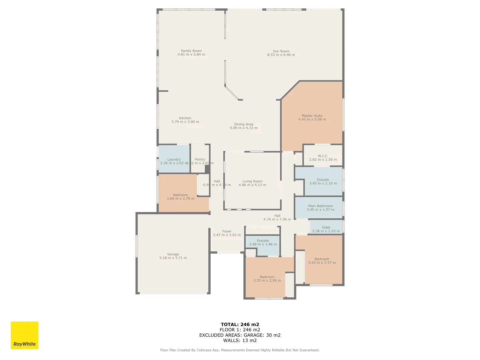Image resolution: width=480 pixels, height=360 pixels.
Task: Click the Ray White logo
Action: pyautogui.click(x=24, y=335)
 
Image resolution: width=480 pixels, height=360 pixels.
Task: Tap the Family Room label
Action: pyautogui.click(x=191, y=51)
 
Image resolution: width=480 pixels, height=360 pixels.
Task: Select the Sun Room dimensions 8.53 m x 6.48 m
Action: pyautogui.click(x=281, y=55)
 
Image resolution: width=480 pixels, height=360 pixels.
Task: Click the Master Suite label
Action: pyautogui.click(x=312, y=116)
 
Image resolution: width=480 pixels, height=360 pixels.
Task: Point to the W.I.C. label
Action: pyautogui.click(x=323, y=156)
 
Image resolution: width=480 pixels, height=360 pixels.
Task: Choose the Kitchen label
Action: pyautogui.click(x=185, y=118)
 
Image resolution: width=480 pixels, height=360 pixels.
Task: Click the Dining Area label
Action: pyautogui.click(x=243, y=124)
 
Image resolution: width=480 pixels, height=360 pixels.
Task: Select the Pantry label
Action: pyautogui.click(x=200, y=159)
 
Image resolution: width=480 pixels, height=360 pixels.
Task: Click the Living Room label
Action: pyautogui.click(x=252, y=181)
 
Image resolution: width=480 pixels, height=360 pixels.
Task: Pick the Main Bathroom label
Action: pyautogui.click(x=320, y=206)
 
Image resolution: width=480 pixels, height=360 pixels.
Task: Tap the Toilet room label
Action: pyautogui.click(x=326, y=227)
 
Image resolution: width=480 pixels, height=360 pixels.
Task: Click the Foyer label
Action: pyautogui.click(x=227, y=231)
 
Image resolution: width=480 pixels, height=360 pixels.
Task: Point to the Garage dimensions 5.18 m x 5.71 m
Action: pyautogui.click(x=173, y=258)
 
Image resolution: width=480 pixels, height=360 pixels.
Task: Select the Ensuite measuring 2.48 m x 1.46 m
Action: pyautogui.click(x=263, y=242)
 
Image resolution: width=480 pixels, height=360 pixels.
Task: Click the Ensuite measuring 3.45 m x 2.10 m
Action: pyautogui.click(x=323, y=181)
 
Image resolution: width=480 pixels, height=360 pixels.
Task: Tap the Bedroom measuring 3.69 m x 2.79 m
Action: pyautogui.click(x=180, y=197)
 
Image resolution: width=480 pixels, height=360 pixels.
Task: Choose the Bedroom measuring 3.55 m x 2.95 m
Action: pyautogui.click(x=267, y=279)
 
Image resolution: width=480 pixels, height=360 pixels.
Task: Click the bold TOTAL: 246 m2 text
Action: pyautogui.click(x=240, y=324)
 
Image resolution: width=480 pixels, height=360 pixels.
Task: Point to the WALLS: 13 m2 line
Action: pyautogui.click(x=240, y=340)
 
